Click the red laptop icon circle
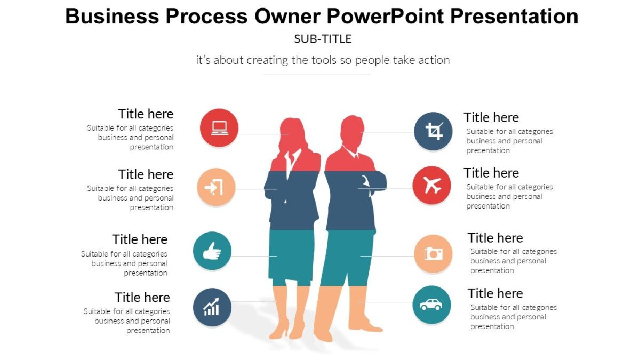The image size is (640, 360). coord(219,127)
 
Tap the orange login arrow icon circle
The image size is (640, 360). coord(216,188)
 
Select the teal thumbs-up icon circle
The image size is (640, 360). coord(212,251)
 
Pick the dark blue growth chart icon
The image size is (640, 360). coord(212,307)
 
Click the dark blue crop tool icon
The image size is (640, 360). coord(433,131)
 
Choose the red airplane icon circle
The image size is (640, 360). coord(432,186)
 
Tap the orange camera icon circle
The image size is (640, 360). coord(433,254)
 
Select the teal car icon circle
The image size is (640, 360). coord(431,305)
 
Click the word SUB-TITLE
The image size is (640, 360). coord(323,39)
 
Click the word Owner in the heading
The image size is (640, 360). coord(287,17)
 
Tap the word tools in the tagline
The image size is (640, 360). coord(322,60)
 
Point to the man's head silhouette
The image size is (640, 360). coord(351,131)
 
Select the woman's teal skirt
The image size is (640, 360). coord(291,256)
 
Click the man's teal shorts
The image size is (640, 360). coord(349,256)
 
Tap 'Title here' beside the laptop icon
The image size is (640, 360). coord(146,114)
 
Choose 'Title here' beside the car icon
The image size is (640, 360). coord(495,293)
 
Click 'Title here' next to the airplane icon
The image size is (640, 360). coord(491,173)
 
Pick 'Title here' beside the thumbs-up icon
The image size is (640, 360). coord(140,239)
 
